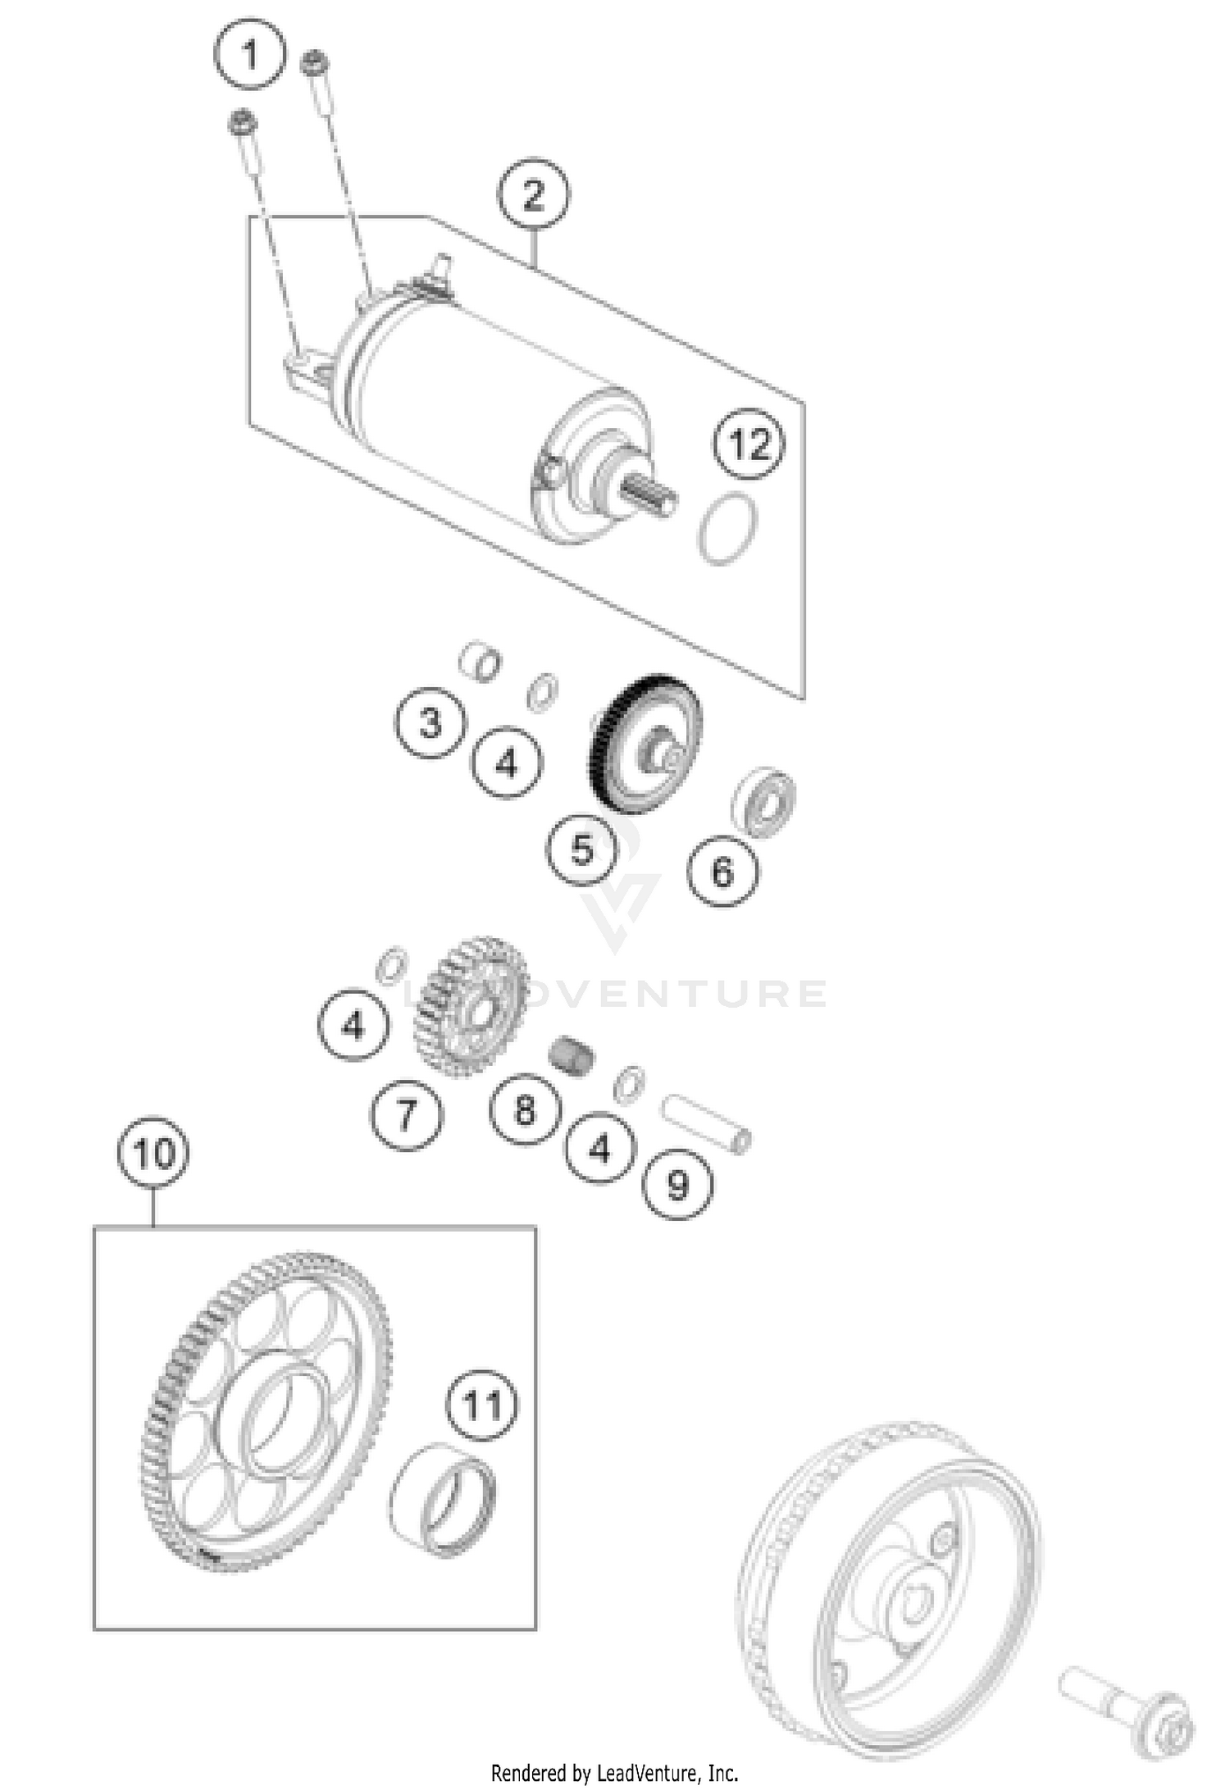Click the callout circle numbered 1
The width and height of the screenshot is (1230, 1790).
pos(250,56)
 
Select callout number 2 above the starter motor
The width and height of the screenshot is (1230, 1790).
pos(533,196)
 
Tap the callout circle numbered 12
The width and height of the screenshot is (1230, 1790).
pos(749,444)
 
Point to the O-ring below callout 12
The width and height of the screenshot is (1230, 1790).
pos(728,529)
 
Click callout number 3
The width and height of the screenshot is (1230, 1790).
pos(430,723)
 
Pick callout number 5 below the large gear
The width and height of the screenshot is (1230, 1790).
pos(581,849)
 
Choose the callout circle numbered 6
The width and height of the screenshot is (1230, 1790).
pos(722,872)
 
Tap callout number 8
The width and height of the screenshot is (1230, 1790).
pos(525,1110)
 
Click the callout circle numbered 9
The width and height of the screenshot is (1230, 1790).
pos(677,1184)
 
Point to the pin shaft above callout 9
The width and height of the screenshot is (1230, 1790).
pos(706,1114)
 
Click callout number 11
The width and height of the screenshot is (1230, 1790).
pos(482,1405)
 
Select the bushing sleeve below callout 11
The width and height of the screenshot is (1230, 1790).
pos(444,1501)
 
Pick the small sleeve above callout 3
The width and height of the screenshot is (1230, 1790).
pos(480,662)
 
